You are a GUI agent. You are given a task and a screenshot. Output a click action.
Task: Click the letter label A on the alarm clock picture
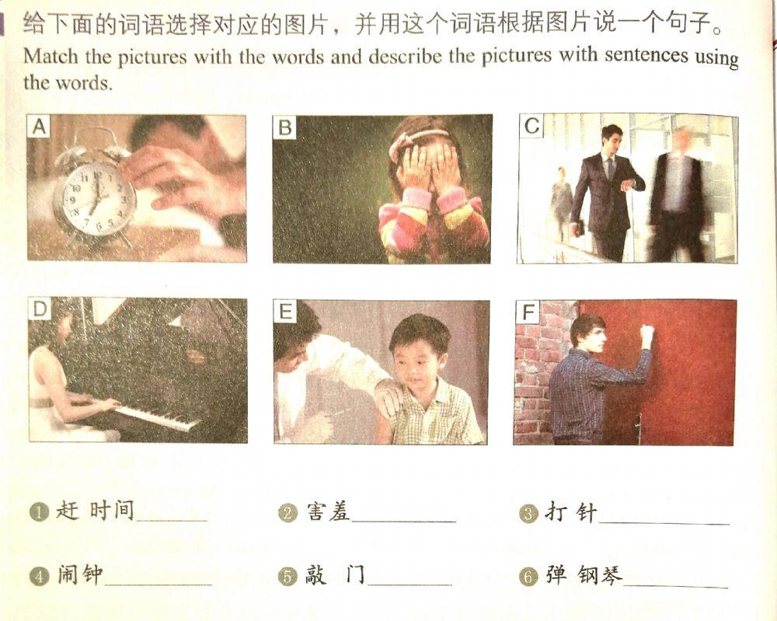(38, 127)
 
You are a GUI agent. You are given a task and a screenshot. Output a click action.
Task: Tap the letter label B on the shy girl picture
(285, 127)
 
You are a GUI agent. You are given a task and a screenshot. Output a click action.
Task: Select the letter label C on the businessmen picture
(531, 126)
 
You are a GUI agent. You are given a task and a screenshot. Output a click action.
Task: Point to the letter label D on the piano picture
(40, 309)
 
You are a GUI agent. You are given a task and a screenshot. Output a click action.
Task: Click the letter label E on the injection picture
(286, 312)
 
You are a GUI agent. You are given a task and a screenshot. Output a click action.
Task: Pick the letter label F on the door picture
(528, 312)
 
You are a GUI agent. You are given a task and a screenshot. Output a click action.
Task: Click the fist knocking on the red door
(646, 333)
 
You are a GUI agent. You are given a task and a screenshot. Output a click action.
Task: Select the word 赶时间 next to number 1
(95, 511)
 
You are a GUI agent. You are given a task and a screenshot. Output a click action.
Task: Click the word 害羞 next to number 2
(328, 511)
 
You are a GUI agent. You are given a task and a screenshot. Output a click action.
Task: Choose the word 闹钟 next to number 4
(80, 575)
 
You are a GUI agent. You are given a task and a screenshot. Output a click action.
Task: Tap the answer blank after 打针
(664, 518)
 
